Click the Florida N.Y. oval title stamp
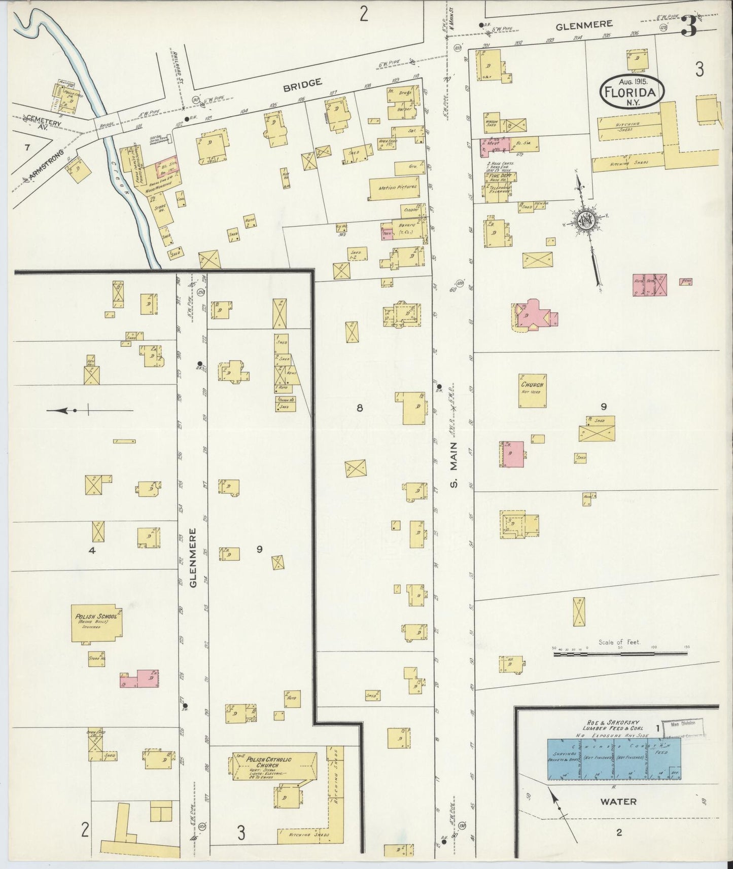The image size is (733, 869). point(632,92)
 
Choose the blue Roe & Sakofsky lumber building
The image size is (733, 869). point(614,758)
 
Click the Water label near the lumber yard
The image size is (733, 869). point(618,802)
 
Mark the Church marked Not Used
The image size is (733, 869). point(532,390)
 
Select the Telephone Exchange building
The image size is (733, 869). point(500,192)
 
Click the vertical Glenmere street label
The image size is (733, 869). point(193,558)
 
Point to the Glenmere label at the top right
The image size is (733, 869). point(584,24)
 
